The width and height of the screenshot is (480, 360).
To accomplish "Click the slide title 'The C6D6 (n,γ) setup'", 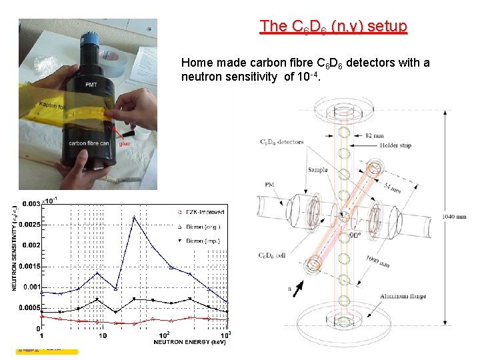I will pyautogui.click(x=333, y=27).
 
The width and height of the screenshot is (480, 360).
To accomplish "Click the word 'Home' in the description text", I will pyautogui.click(x=196, y=63).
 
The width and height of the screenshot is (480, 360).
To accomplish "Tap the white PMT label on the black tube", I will pyautogui.click(x=91, y=85).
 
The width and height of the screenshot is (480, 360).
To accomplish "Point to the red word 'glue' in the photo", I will pyautogui.click(x=124, y=143).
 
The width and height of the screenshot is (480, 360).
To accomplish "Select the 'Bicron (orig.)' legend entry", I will pyautogui.click(x=203, y=226).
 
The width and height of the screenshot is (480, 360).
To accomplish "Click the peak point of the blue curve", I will pyautogui.click(x=134, y=217).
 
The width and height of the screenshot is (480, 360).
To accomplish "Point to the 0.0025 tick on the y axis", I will pyautogui.click(x=29, y=225).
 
